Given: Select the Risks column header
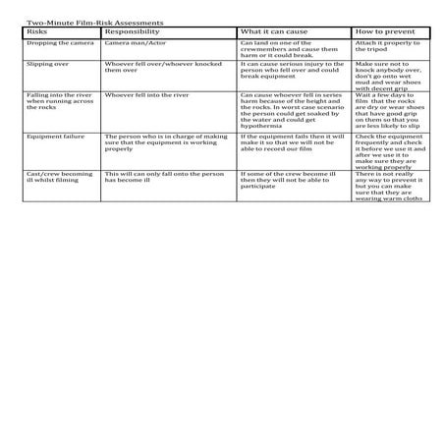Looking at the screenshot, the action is [x=36, y=31].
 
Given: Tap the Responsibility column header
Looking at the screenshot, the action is [x=132, y=31].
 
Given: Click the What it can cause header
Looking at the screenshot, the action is [x=274, y=31].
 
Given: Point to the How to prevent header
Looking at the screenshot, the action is [x=384, y=31].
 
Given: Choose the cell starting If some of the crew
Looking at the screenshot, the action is [x=290, y=180].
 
